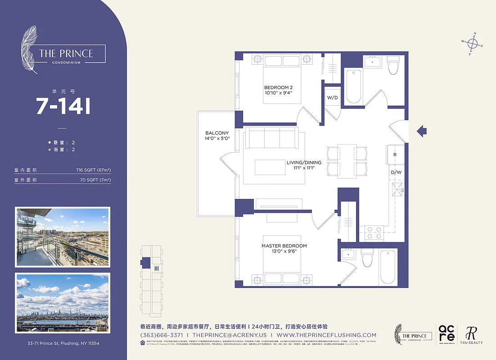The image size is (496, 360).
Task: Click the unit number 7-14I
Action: tap(63, 107)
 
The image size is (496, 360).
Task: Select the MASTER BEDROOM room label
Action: tap(284, 249)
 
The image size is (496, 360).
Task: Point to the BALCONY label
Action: tap(217, 135)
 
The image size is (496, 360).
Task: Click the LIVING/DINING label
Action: tap(304, 165)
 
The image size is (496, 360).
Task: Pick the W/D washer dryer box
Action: tap(332, 97)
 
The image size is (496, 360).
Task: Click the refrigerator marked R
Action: tap(395, 154)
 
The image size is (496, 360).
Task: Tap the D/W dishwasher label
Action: tap(396, 172)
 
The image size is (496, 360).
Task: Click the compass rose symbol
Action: tap(473, 44)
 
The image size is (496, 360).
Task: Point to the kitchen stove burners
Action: tap(373, 233)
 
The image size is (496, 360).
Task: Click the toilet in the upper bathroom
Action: tap(393, 67)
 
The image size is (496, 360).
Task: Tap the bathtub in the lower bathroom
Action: tap(387, 267)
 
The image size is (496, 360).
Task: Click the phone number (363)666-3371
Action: tap(162, 335)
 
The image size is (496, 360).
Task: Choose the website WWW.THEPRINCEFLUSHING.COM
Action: tap(326, 335)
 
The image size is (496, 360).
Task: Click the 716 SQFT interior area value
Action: tap(93, 170)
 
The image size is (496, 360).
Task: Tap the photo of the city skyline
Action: tap(63, 301)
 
